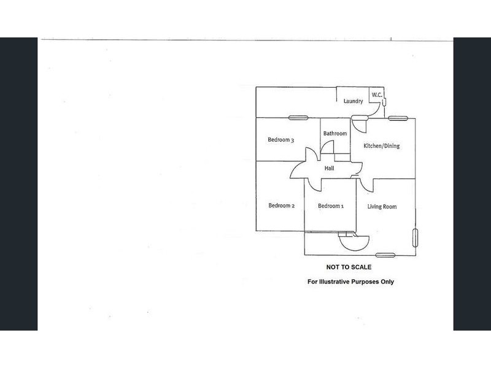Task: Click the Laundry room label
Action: [354, 101]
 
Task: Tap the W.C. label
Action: [377, 94]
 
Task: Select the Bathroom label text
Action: [335, 133]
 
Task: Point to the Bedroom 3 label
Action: [281, 140]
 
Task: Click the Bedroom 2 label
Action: [282, 205]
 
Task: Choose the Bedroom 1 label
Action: [331, 206]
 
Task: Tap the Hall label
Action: [329, 168]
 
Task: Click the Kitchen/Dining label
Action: [381, 146]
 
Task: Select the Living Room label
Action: [382, 207]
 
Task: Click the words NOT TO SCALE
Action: [349, 267]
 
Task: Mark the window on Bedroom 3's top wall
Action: [298, 118]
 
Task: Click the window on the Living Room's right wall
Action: [416, 238]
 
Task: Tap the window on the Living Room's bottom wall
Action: [385, 255]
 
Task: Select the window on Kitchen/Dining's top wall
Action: [398, 118]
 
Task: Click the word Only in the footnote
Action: [387, 282]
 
